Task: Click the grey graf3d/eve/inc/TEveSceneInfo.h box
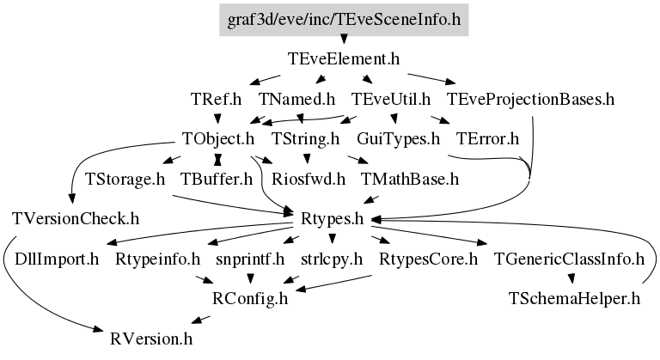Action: click(344, 20)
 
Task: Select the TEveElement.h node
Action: click(344, 59)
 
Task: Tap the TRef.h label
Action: click(217, 100)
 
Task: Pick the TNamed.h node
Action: click(296, 100)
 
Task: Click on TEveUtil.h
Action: click(391, 100)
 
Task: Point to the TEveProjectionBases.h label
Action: click(530, 100)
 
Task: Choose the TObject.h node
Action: click(218, 138)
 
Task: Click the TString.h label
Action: click(305, 138)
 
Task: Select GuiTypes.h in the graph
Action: click(398, 138)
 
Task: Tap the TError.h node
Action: click(487, 138)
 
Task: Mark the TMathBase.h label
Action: click(410, 179)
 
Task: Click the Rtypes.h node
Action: click(332, 219)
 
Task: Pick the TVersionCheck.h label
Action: click(76, 219)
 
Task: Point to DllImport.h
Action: click(57, 259)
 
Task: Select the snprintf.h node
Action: click(250, 259)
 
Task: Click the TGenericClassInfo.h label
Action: click(569, 259)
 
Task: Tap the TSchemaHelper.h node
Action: click(574, 298)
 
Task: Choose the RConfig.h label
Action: click(250, 298)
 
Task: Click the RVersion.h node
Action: click(151, 339)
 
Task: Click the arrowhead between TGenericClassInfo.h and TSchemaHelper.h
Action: click(571, 278)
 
